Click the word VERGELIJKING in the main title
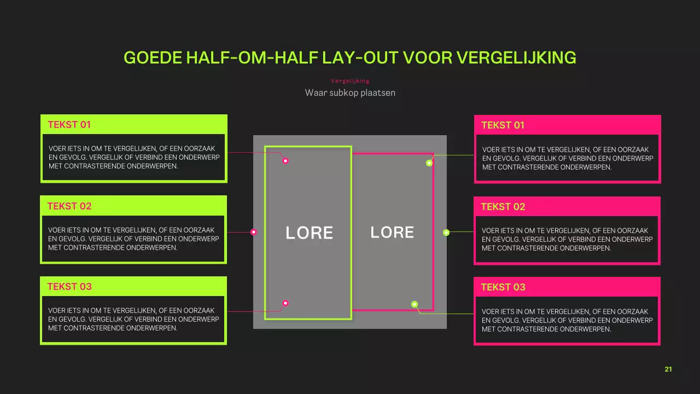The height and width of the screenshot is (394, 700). coord(516,57)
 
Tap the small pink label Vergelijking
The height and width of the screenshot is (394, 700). coord(350,81)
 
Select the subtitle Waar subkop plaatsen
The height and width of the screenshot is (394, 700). coord(350,92)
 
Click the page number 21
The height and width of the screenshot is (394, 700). coord(668,369)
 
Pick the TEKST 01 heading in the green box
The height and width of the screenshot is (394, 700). coord(69,125)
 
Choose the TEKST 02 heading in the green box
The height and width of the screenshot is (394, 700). coord(69,206)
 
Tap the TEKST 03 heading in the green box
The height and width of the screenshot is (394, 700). coord(69,287)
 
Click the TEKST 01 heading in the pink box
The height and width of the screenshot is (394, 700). coord(503,125)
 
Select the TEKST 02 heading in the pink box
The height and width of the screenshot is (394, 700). coord(503,207)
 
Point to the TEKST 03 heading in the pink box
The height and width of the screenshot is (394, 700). coord(503,287)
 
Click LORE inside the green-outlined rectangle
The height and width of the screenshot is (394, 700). coord(309,233)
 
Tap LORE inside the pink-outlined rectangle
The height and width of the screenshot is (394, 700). coord(392,233)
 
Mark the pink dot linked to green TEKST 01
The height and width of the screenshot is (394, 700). coord(285,161)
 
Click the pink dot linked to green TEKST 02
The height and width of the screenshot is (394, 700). coord(253,232)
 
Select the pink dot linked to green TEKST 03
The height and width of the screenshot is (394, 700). coord(285,303)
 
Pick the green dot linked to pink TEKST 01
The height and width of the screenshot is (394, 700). coord(429,163)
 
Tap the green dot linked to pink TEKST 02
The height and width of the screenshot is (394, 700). coord(446,233)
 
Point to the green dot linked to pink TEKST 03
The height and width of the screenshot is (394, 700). coord(415,304)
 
